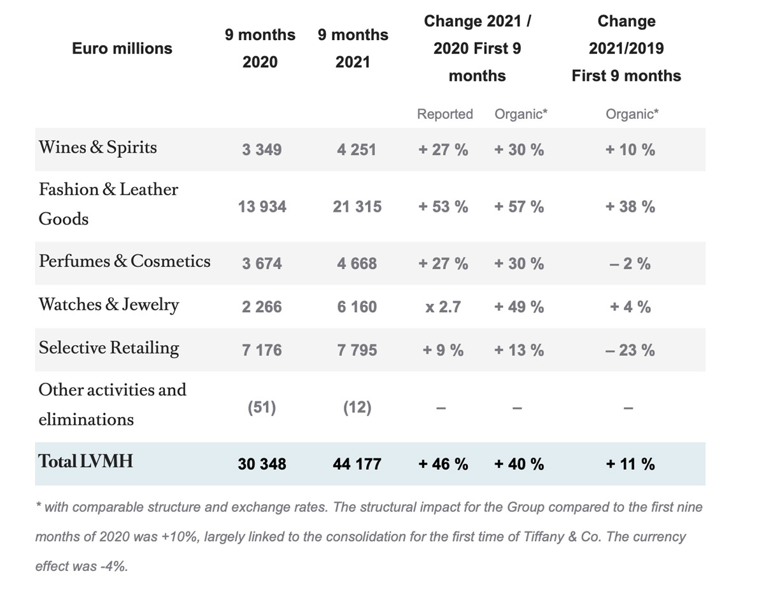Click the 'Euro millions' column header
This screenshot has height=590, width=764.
click(x=122, y=48)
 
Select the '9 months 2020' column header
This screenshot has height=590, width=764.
click(x=260, y=48)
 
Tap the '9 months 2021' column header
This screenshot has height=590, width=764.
click(x=353, y=48)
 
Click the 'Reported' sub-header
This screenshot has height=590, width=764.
click(x=444, y=114)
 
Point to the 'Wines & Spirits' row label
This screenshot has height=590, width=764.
click(x=97, y=147)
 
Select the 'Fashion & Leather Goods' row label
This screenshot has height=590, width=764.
click(x=108, y=204)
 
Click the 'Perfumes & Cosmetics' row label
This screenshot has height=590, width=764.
click(x=124, y=261)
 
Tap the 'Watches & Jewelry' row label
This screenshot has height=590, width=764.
click(x=109, y=305)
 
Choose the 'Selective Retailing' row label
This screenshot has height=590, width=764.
click(x=109, y=348)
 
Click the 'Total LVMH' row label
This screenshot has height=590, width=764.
click(x=86, y=461)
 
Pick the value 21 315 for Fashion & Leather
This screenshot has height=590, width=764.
click(x=357, y=207)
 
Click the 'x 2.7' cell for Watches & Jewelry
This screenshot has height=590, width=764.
click(x=443, y=307)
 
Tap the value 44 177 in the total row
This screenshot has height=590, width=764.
click(x=357, y=464)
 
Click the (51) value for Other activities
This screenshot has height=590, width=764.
click(x=261, y=408)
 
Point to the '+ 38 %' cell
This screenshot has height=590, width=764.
click(x=630, y=207)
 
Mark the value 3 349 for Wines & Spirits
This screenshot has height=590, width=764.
click(x=261, y=150)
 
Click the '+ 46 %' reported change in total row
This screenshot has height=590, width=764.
click(x=443, y=464)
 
